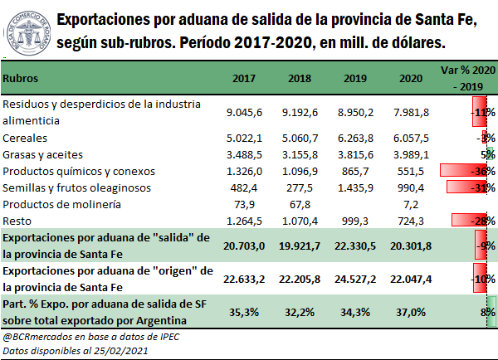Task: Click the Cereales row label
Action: click(25, 138)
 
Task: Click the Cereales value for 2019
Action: click(366, 138)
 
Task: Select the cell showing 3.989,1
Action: click(413, 154)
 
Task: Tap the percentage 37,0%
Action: click(414, 312)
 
